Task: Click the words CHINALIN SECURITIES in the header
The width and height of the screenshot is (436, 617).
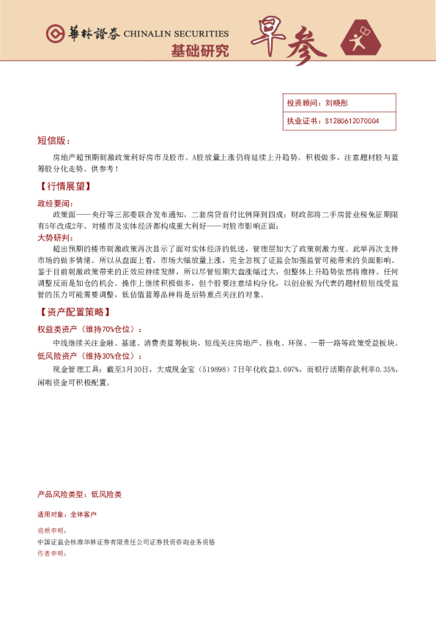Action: coord(176,34)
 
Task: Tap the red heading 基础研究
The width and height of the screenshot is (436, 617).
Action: coord(199,51)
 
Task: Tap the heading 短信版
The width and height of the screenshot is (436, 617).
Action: coord(53,140)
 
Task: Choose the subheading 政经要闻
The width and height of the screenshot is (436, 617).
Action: coord(54,202)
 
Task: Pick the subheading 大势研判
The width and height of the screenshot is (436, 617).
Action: coord(54,237)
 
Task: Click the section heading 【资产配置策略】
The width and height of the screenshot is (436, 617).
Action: coord(74,313)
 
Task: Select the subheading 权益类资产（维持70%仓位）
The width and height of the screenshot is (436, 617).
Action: coord(89,330)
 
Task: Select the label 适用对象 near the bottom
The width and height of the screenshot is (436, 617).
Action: coord(51,515)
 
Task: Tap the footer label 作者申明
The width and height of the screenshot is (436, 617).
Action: coord(51,553)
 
